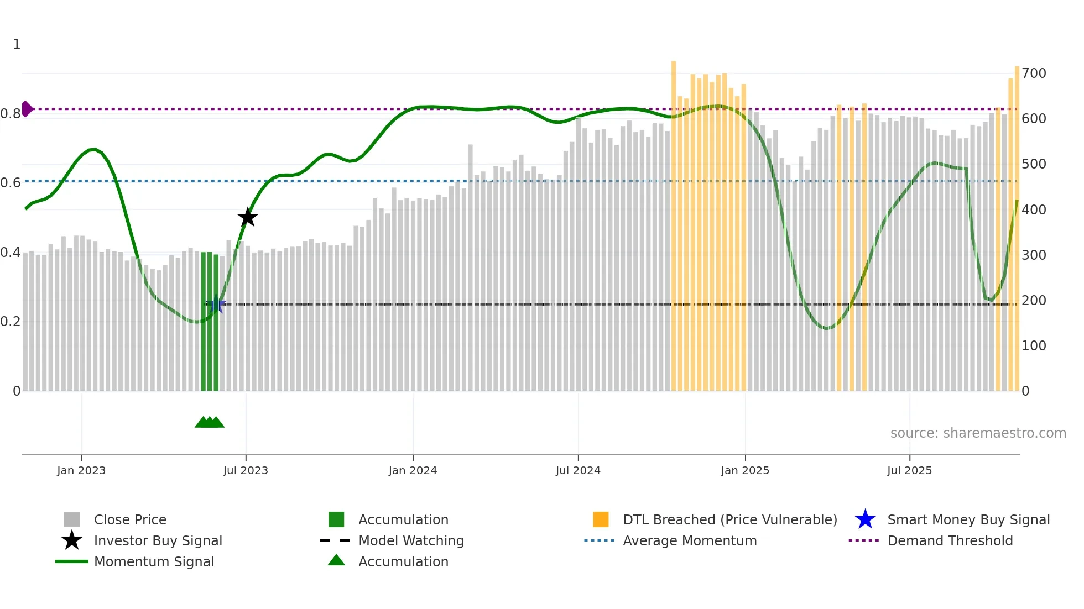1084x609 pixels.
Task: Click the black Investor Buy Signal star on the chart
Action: coord(248,217)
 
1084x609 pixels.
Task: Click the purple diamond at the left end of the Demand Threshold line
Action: coord(27,109)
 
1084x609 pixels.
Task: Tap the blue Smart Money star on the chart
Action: coord(216,304)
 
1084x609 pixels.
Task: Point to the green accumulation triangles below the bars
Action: coord(210,422)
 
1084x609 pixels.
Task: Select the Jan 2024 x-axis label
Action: coord(413,470)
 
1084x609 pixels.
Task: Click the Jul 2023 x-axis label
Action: coord(246,470)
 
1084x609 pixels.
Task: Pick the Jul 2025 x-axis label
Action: coord(909,470)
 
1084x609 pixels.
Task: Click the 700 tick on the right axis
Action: coord(1034,73)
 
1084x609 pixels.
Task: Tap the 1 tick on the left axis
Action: coord(17,44)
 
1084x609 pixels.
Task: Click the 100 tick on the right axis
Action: coord(1034,346)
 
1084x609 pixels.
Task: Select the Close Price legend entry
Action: coord(129,519)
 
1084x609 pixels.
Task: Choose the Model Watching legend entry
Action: coord(410,540)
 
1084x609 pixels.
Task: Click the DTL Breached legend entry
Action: coord(729,519)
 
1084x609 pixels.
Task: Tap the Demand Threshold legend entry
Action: coord(950,540)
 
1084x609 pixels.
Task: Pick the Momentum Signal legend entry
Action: coord(154,561)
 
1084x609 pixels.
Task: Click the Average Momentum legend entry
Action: coord(689,540)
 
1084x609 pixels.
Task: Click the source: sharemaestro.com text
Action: coord(978,433)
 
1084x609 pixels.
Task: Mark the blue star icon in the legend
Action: coord(865,519)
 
